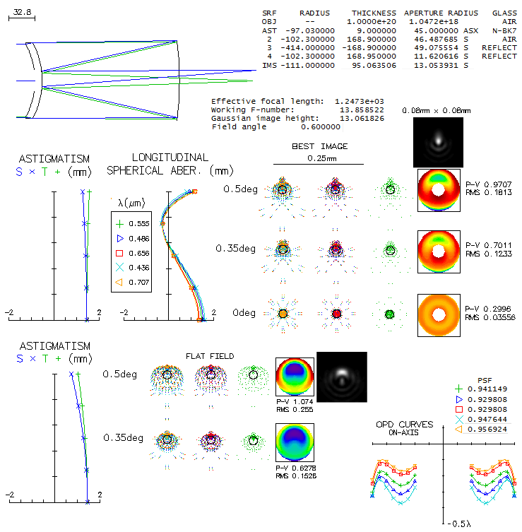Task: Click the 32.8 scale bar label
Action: [x=22, y=12]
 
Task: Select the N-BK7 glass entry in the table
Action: [x=504, y=30]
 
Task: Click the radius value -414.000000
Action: [x=308, y=47]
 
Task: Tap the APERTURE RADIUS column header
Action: [x=441, y=13]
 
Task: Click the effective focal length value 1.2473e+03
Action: [x=360, y=101]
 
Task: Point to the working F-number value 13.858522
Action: [x=362, y=110]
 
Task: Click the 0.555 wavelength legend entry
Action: [x=133, y=223]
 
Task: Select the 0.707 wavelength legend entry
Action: [x=133, y=282]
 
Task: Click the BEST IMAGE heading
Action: [x=319, y=146]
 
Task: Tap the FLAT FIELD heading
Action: [x=210, y=356]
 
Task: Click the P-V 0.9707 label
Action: [x=488, y=184]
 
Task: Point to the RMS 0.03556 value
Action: [x=490, y=317]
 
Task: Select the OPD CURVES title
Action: [x=404, y=424]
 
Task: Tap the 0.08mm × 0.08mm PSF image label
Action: [x=437, y=111]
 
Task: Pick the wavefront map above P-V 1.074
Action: [x=295, y=377]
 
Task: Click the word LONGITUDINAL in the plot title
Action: [x=170, y=158]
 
